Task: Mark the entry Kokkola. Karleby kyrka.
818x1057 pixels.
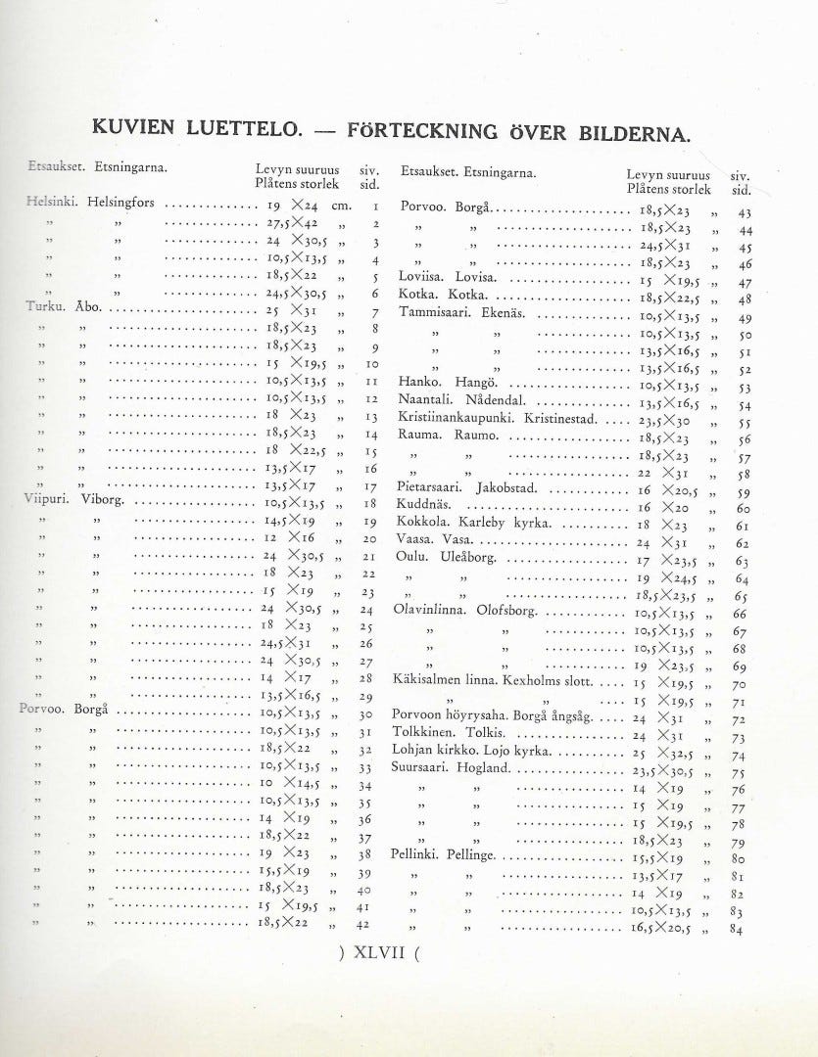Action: click(x=474, y=524)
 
